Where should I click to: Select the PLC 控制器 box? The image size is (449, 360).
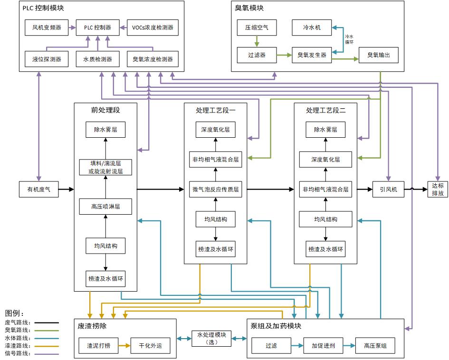point(97,28)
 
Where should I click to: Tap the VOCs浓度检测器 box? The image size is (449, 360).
point(153,28)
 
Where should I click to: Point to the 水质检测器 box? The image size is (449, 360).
point(97,59)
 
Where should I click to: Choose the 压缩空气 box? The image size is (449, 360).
point(257,28)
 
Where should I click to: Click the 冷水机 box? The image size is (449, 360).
point(312,28)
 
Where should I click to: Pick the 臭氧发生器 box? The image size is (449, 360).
point(312,55)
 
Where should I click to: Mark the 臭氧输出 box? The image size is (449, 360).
point(378,55)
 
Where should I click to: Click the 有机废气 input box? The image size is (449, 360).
point(38,189)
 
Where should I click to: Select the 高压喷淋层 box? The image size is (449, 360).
point(105,207)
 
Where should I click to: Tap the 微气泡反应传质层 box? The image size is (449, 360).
point(215,189)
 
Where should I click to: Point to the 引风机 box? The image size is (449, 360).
point(388,189)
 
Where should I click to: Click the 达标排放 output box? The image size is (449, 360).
point(438,189)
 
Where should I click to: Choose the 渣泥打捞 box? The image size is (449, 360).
point(98,346)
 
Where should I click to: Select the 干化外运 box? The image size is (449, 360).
point(150,346)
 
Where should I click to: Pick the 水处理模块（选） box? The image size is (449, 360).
point(211,338)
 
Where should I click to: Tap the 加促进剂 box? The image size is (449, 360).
point(323,346)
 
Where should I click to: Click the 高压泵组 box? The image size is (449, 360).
point(375,346)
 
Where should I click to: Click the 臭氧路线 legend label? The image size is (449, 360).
point(17,330)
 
